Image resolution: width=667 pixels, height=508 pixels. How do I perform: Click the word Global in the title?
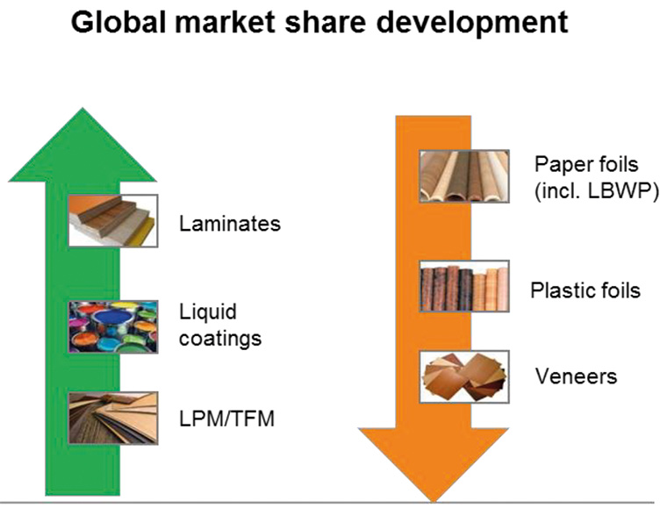118,22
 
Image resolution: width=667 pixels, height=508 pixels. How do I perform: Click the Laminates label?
230,224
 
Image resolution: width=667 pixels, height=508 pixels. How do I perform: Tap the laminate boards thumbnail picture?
113,220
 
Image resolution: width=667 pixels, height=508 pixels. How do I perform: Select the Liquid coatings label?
220,326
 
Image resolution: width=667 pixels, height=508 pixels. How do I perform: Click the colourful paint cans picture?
113,326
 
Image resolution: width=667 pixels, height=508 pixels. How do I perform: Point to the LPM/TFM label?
226,419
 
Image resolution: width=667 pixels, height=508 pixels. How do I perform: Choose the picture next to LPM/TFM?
113,418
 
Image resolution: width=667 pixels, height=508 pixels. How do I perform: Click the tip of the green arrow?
82,109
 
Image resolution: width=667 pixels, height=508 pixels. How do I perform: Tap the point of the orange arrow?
434,502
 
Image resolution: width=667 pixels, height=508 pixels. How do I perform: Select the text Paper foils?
586,164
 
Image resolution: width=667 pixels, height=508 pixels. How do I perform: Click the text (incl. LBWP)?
597,191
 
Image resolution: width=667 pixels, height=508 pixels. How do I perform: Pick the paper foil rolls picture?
464,176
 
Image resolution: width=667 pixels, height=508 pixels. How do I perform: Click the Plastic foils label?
585,290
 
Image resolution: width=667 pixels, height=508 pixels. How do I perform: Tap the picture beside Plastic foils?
464,286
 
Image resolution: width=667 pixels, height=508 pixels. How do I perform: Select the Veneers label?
576,376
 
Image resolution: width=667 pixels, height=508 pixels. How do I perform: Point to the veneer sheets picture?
464,376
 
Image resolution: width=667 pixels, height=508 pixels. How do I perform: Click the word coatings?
220,339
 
